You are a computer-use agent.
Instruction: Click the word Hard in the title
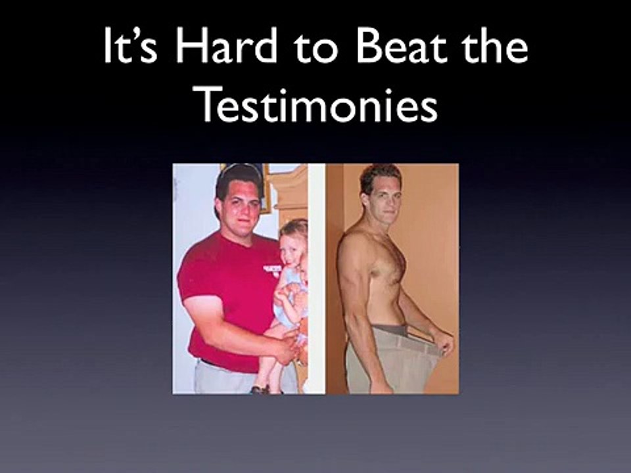pyautogui.click(x=225, y=45)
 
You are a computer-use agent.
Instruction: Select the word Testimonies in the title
pyautogui.click(x=319, y=103)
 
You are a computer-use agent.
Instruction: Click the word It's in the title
pyautogui.click(x=130, y=45)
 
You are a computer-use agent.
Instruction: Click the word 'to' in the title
pyautogui.click(x=316, y=47)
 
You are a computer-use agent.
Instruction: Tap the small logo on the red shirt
pyautogui.click(x=271, y=269)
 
